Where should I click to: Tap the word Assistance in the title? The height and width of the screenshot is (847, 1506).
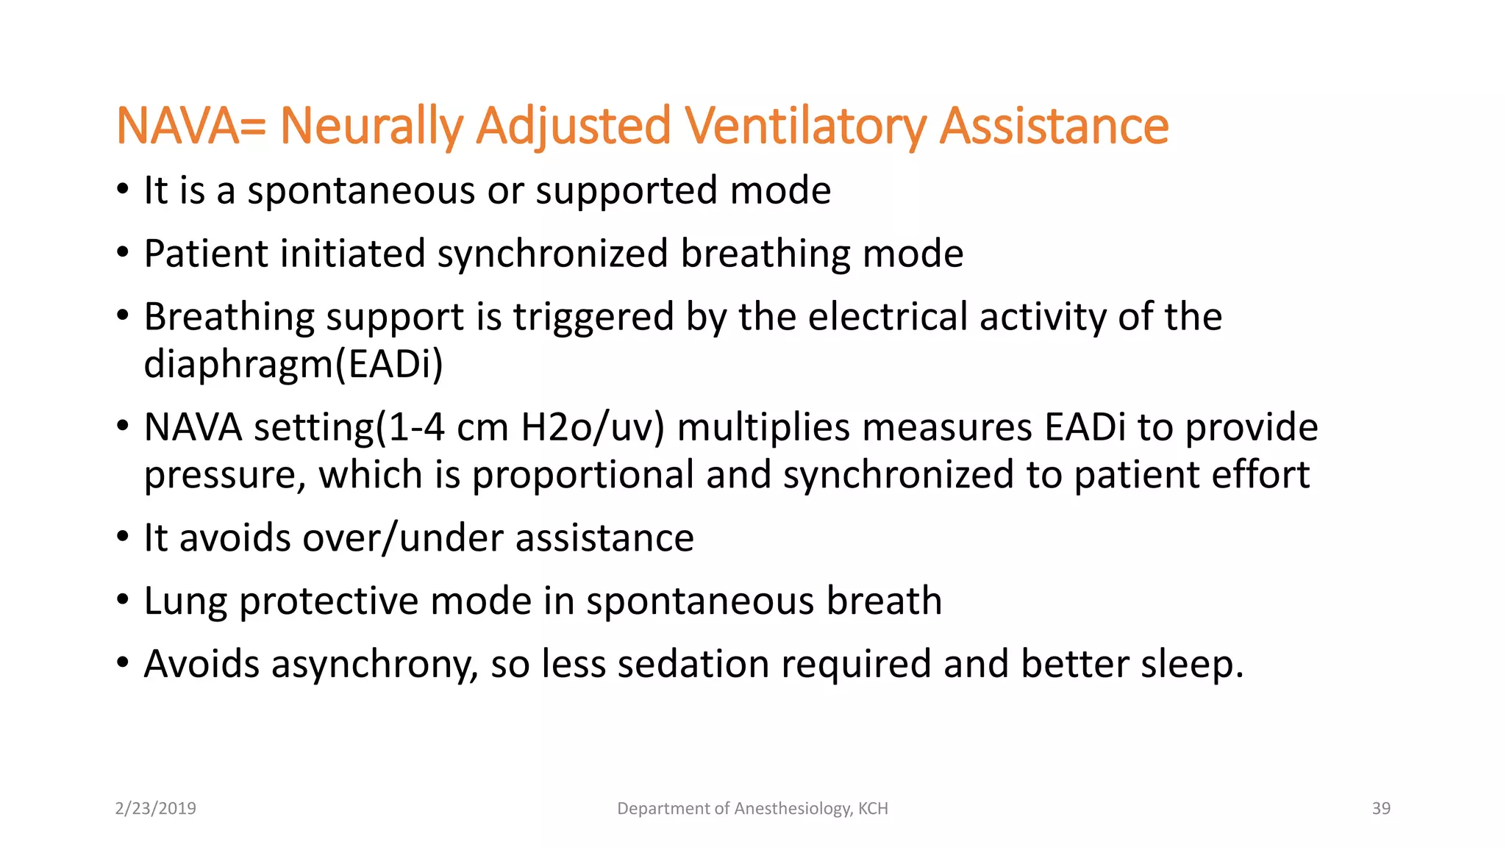1054,126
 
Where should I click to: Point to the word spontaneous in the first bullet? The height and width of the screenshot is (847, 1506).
361,191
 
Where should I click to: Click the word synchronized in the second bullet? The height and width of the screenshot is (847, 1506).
553,254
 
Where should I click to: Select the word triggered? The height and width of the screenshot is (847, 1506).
593,318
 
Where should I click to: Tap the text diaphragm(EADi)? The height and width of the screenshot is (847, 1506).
293,365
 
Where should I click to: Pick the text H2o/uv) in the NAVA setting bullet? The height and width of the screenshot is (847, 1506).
593,428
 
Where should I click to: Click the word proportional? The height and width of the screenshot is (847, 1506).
583,475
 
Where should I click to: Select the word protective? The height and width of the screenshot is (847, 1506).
329,601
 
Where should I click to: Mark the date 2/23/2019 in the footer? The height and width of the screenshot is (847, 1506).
156,809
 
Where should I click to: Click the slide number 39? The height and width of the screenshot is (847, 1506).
1381,809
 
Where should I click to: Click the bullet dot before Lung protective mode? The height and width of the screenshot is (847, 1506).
123,600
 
